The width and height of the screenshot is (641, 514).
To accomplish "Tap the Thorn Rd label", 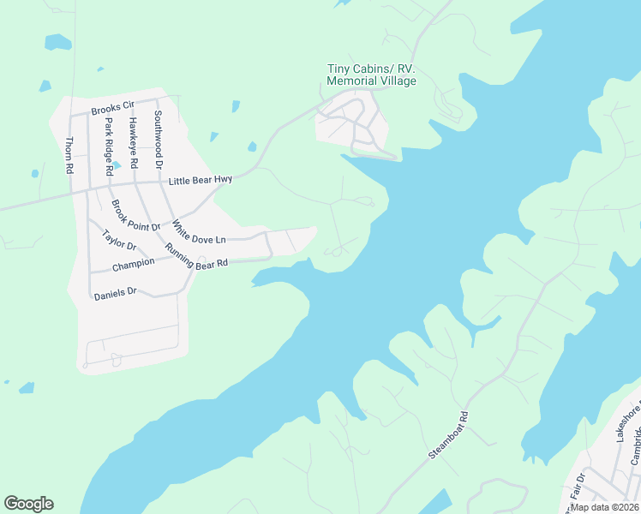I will pos(69,156).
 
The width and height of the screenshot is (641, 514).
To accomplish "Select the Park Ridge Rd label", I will pos(109,145).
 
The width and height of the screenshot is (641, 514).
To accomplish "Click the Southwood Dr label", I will pos(158,138).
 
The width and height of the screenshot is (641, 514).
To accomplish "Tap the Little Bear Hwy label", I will pos(201,180).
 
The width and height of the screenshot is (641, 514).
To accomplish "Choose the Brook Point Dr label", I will pos(135,216).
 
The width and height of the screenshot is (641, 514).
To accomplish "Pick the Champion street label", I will pos(133,262).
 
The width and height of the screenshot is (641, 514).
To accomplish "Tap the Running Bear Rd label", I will pos(196,257).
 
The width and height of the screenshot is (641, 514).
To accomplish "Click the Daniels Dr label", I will pos(116,293).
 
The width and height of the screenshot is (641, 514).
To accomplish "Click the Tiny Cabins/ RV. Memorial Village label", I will pos(371,75).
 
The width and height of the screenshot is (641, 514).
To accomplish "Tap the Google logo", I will pos(28,504).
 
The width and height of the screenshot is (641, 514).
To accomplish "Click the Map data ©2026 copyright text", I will pos(604,506).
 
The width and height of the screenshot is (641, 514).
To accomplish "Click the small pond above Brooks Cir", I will pos(57,41).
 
